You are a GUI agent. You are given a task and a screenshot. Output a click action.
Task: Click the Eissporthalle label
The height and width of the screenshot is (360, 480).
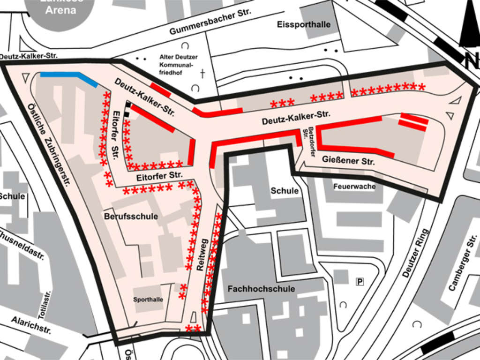click(x=304, y=24)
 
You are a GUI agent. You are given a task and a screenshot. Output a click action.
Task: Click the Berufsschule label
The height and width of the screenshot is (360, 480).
click(x=131, y=217)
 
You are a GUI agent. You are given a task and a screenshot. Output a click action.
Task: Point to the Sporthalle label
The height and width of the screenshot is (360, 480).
click(x=148, y=299)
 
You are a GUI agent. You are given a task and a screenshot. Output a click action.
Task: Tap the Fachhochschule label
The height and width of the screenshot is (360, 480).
click(x=261, y=289)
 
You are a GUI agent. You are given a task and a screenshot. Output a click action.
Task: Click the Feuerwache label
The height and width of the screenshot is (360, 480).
click(x=354, y=187)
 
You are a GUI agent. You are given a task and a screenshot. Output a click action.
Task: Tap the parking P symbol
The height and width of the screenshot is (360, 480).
click(x=360, y=281)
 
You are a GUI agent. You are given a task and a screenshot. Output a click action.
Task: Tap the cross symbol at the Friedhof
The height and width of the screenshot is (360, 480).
click(x=202, y=74)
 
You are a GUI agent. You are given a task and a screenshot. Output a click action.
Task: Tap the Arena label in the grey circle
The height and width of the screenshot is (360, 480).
click(x=60, y=9)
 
